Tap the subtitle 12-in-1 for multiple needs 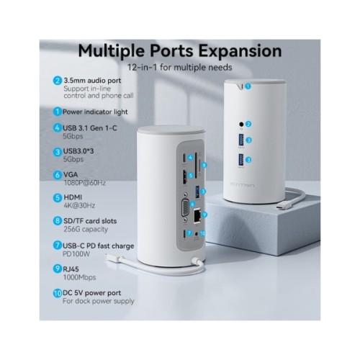point(179,67)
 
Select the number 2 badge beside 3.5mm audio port point(57,81)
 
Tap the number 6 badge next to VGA point(57,174)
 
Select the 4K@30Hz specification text point(81,205)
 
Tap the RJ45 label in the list point(73,267)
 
